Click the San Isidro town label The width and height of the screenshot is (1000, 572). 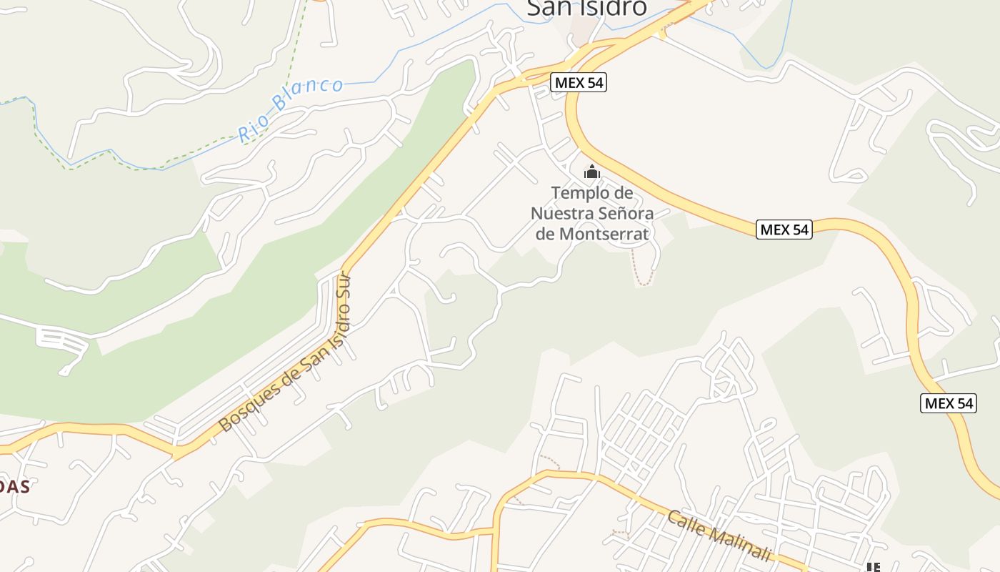point(586,7)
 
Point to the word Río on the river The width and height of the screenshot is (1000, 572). point(254,129)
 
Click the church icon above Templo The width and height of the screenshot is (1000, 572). point(591,172)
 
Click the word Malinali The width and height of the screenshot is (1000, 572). point(743,545)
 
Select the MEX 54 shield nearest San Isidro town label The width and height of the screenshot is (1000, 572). point(579,83)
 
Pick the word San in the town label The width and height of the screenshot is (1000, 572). point(547,7)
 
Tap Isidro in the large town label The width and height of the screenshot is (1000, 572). point(610,7)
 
